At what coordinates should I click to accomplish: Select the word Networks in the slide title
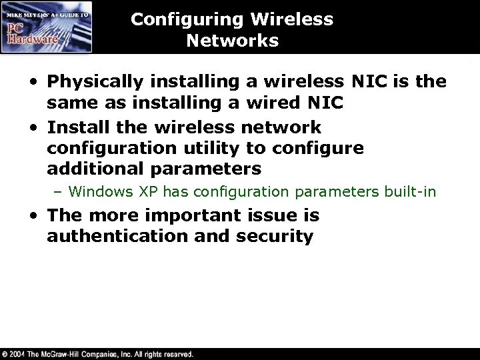point(232,41)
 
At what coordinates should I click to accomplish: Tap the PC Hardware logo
point(46,27)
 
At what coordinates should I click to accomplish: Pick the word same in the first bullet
point(68,104)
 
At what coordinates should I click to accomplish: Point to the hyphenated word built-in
point(410,193)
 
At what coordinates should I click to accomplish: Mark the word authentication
point(117,237)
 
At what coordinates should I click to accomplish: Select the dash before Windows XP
point(58,193)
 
